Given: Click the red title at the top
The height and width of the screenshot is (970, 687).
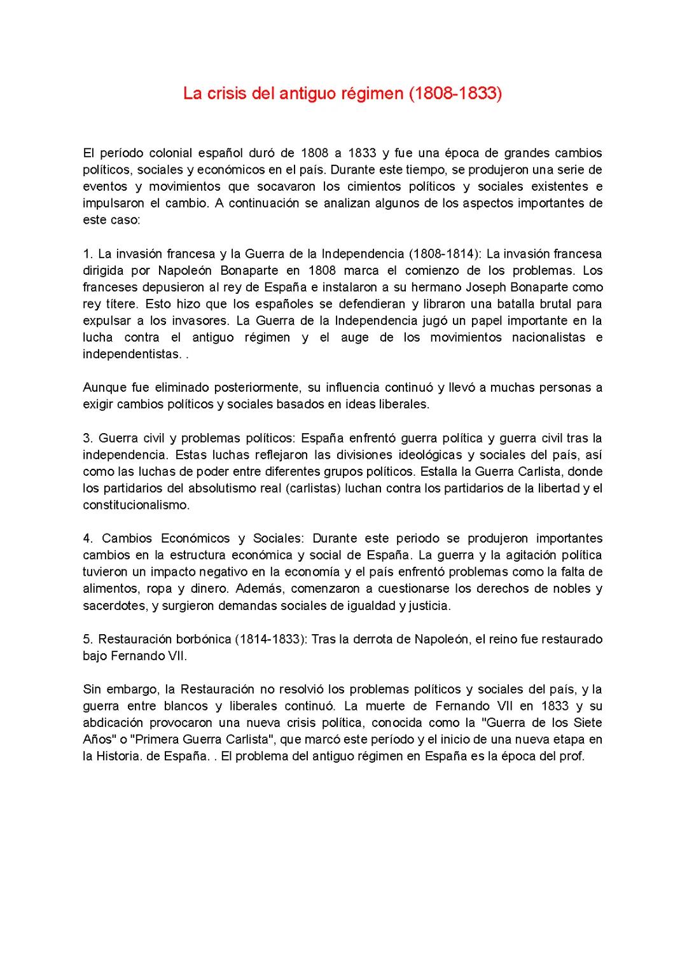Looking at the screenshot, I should (x=342, y=94).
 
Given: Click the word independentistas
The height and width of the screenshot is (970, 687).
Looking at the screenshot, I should (x=131, y=354).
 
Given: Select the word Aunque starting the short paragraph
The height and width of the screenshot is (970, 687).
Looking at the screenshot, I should (x=104, y=387).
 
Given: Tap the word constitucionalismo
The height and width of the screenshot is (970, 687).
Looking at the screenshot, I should (x=135, y=505).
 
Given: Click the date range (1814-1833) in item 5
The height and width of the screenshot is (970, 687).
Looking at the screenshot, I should (x=268, y=639).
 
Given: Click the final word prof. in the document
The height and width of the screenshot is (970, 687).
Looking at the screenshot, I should (x=572, y=757).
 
